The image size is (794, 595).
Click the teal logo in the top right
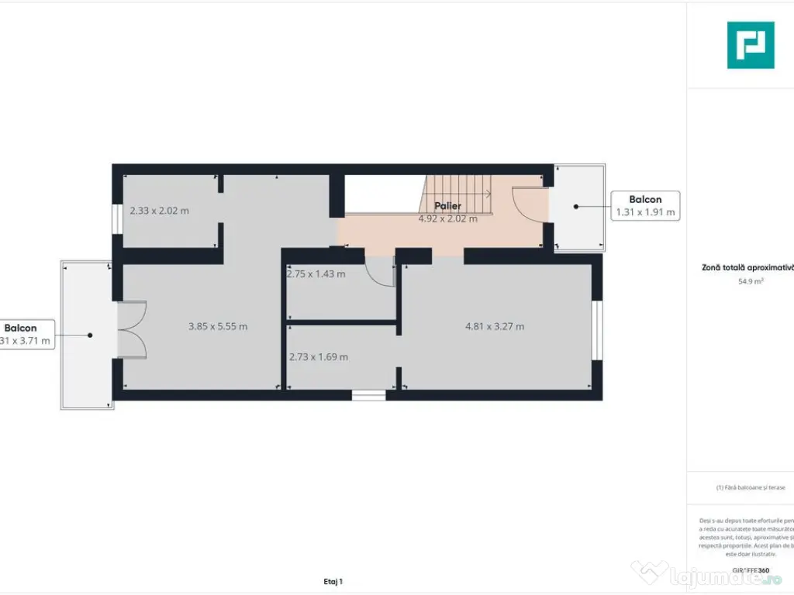(750, 45)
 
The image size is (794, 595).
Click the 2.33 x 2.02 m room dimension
(159, 210)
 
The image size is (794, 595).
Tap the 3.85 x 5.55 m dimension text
(218, 326)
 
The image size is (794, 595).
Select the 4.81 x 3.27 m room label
(494, 326)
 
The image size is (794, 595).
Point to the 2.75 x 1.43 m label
(316, 273)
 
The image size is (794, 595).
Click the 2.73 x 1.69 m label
(318, 356)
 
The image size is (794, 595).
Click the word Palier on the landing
(447, 206)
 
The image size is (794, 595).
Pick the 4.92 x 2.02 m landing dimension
(447, 218)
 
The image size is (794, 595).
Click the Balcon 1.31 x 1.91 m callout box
(645, 206)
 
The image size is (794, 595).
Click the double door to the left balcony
(132, 330)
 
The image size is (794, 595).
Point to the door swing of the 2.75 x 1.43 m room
(380, 271)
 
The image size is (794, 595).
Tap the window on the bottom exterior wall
(368, 395)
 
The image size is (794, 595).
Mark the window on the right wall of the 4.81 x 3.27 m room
(596, 330)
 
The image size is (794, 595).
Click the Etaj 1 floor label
(333, 581)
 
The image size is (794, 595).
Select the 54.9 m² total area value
(750, 282)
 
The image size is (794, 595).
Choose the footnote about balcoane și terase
(750, 487)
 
